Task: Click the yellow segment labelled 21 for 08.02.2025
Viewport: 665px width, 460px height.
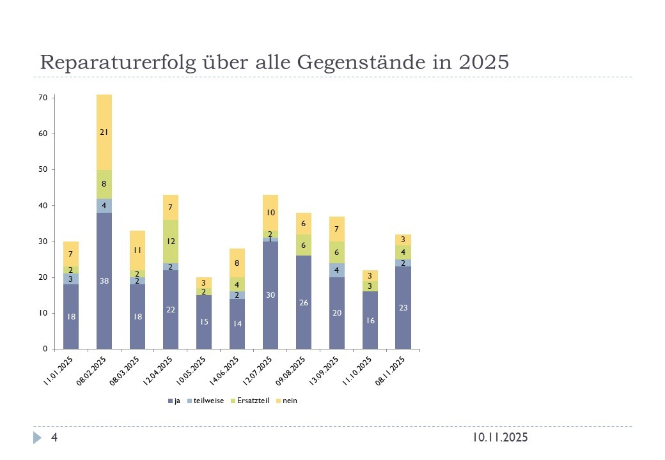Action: coord(104,132)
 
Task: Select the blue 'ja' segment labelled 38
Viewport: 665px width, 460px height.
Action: coord(104,280)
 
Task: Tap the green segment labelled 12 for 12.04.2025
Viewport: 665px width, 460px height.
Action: coord(171,241)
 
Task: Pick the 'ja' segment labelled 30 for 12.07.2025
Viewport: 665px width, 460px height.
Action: coord(270,295)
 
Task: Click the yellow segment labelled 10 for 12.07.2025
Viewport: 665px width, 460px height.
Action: coord(270,213)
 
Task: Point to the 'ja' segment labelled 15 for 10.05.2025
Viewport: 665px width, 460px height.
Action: coord(204,322)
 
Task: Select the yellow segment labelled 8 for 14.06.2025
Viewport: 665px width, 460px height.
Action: coord(237,263)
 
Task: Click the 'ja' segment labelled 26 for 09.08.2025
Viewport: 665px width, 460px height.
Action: coord(304,302)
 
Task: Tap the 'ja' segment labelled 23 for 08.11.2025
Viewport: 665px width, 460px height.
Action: coord(403,307)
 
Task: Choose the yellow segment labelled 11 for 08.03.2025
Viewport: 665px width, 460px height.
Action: coord(137,250)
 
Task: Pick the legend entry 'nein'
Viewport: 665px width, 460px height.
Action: coord(290,401)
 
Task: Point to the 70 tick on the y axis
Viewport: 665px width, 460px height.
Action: coord(43,98)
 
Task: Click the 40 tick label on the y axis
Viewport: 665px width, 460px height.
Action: coord(43,206)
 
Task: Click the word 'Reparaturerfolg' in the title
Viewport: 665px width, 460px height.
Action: coord(116,63)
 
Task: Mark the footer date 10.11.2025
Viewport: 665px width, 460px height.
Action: coord(501,438)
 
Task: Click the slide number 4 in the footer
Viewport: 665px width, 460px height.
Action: coord(55,438)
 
